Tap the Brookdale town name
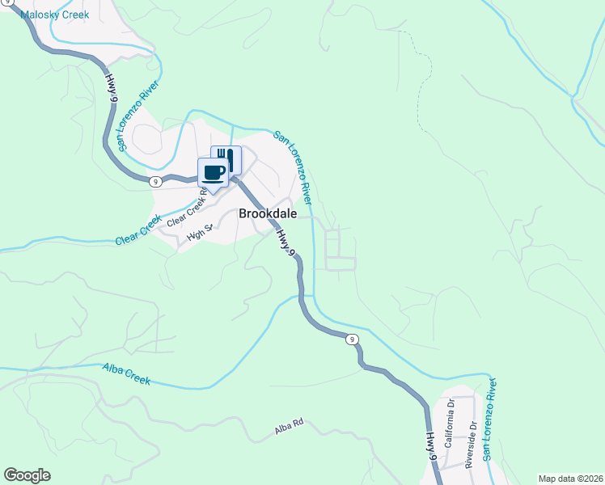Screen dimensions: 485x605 pos(268,214)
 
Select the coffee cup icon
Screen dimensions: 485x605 pos(214,172)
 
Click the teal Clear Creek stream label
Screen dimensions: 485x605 pos(139,231)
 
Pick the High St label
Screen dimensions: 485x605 pos(198,234)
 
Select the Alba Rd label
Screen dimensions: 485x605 pos(289,426)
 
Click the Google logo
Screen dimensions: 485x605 pos(27,475)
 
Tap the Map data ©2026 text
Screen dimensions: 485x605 pos(570,479)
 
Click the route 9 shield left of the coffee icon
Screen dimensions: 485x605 pos(154,182)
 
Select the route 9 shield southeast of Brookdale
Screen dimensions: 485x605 pos(352,339)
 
